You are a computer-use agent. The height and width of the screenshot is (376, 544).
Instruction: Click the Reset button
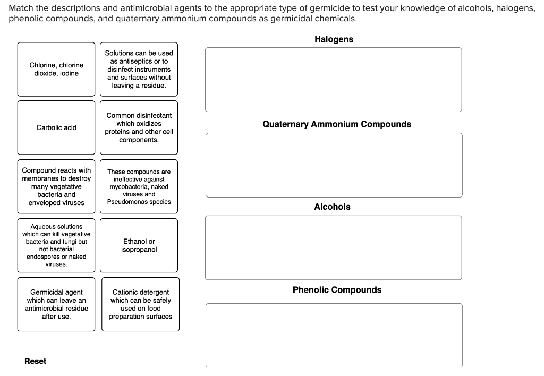tap(35, 361)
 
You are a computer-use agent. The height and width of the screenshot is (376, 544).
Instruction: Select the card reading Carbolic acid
tap(56, 127)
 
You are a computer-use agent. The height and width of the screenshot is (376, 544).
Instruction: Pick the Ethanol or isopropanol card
tap(138, 245)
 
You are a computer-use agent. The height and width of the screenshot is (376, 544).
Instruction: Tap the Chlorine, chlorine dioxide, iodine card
tap(56, 69)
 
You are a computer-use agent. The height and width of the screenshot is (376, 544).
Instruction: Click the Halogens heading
tap(334, 39)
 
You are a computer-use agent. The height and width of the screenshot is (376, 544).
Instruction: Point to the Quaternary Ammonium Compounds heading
tap(336, 124)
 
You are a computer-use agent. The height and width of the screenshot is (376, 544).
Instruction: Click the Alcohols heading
tap(332, 207)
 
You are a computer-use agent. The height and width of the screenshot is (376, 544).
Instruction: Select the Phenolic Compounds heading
tap(337, 290)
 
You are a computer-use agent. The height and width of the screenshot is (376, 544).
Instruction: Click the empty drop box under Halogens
tap(333, 80)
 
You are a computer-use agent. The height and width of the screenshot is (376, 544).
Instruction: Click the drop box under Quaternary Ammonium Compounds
tap(334, 165)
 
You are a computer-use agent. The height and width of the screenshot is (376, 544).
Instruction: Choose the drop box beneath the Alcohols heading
tap(333, 247)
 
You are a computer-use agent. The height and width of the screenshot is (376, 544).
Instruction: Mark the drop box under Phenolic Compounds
tap(334, 335)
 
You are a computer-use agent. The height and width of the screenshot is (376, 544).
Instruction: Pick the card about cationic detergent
tap(140, 304)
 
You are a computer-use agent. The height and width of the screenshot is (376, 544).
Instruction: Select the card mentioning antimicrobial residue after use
tap(56, 304)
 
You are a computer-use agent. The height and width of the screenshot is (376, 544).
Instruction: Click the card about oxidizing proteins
tap(139, 127)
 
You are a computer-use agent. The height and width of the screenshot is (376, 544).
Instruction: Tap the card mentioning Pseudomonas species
tap(139, 186)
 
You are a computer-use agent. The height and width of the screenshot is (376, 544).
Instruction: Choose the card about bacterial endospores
tap(56, 245)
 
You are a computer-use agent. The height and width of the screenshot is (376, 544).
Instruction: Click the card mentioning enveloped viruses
tap(56, 186)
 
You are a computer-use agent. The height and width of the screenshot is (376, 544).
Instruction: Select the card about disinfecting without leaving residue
tap(139, 69)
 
